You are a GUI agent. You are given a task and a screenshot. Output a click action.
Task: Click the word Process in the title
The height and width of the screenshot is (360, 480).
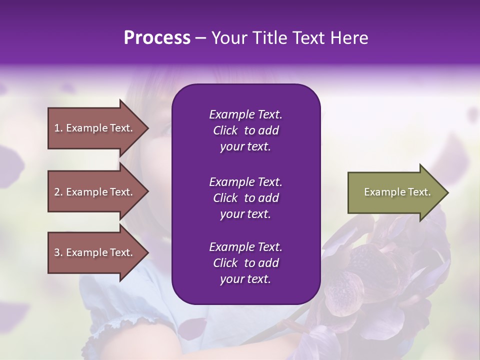(x=157, y=38)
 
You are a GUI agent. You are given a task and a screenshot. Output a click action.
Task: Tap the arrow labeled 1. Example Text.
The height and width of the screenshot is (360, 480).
(x=95, y=128)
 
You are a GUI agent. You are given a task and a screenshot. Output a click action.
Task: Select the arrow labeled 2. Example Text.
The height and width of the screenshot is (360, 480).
(x=95, y=192)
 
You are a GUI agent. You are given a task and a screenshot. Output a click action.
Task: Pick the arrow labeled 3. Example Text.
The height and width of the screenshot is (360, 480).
(x=95, y=252)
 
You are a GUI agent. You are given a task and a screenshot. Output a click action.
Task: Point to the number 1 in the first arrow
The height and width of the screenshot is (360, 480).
(x=57, y=128)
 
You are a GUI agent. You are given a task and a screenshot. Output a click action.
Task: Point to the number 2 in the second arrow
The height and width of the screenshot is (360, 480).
(x=57, y=192)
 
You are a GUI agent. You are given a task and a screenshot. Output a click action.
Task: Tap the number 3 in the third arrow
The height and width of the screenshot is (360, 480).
(x=57, y=252)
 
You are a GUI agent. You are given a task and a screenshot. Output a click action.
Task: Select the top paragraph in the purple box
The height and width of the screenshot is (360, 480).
(x=245, y=130)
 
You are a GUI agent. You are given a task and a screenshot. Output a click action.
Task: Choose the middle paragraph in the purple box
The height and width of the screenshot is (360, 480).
(x=245, y=198)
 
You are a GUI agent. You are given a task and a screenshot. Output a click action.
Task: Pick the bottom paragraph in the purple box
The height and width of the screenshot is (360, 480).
(x=245, y=263)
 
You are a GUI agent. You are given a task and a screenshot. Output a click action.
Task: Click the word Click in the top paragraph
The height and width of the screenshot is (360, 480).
(x=225, y=130)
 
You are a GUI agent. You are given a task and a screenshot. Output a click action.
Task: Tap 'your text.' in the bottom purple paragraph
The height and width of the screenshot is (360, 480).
(x=245, y=279)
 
